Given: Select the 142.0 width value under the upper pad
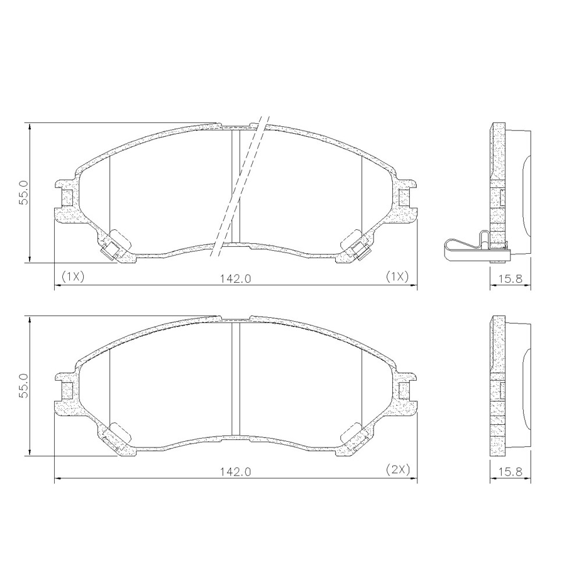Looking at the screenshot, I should pos(236,278).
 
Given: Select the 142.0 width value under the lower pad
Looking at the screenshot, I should pos(236,471).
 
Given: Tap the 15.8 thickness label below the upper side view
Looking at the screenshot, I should pos(510,278).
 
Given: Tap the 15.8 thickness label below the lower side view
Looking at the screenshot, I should pos(510,471).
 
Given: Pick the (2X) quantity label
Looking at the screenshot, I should pos(399,469).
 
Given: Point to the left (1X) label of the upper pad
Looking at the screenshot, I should pos(73,276).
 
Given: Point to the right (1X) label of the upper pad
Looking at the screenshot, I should pos(399,276).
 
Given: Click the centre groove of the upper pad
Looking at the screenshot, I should pos(236,186).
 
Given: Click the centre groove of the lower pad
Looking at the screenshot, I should pos(236,378).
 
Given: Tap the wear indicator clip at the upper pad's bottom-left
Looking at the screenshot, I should pos(110,251).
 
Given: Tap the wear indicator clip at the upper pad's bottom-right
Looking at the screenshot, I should pos(361,251).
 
